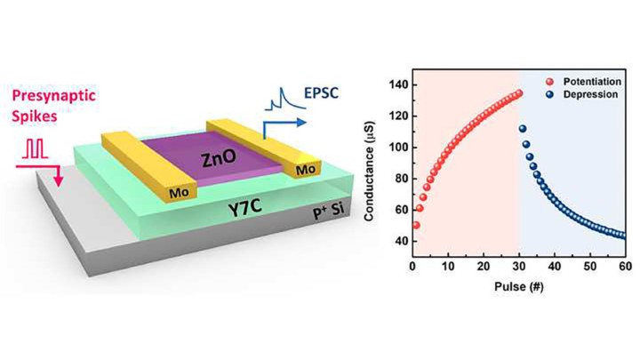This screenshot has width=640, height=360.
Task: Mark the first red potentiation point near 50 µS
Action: (x=416, y=225)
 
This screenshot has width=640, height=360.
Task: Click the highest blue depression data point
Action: (x=523, y=129)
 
